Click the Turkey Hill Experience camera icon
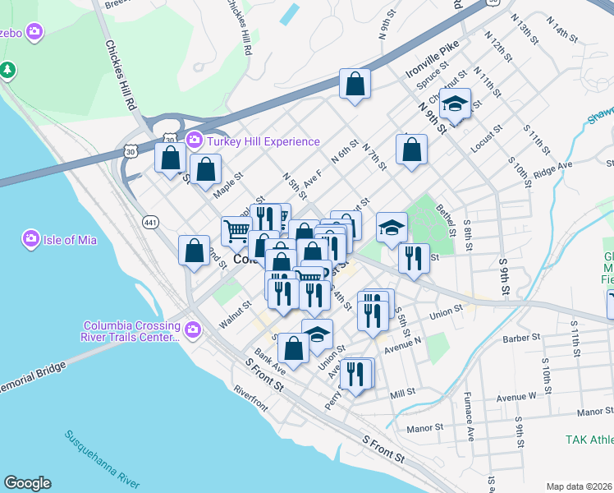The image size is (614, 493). [195, 141]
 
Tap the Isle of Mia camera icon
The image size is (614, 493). [31, 240]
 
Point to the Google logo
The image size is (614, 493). [27, 483]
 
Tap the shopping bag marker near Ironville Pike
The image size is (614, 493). [355, 83]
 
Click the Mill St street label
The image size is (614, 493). [404, 394]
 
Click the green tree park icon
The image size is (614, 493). [8, 70]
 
